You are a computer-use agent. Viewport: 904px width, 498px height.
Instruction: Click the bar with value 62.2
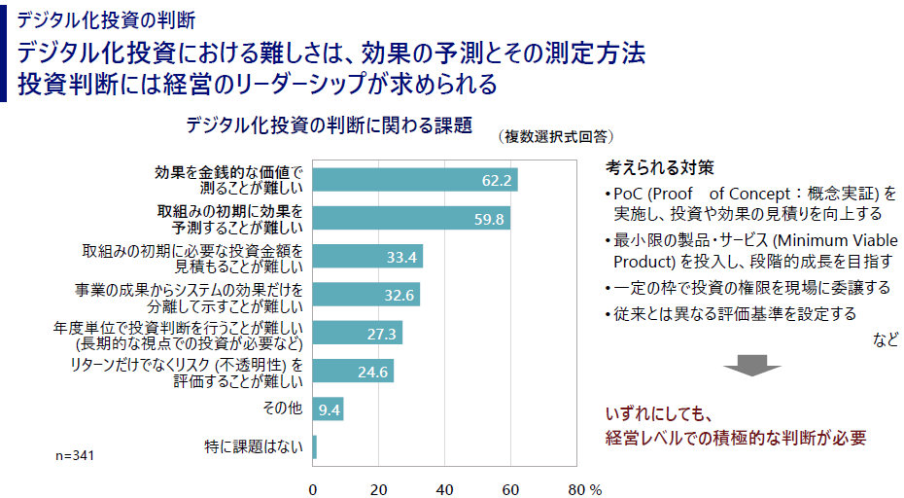415,180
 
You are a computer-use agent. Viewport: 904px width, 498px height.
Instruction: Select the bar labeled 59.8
411,218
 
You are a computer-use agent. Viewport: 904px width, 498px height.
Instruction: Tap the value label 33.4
401,257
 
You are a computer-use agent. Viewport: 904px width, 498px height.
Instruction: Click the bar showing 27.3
358,333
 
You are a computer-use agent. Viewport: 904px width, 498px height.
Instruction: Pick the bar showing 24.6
353,371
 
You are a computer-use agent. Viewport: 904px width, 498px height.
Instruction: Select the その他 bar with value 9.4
329,409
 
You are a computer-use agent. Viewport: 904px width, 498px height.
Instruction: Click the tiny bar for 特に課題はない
315,447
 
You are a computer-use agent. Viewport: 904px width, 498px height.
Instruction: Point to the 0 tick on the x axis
313,487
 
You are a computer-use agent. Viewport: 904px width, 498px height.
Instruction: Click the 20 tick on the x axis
379,487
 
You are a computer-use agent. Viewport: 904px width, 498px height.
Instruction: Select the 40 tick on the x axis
445,487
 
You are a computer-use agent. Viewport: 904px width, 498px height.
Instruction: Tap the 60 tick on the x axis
511,487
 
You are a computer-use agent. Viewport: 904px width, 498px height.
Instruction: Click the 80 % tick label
584,487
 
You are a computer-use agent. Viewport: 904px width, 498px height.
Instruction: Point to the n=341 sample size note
75,454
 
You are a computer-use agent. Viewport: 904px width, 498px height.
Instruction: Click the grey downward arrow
751,366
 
